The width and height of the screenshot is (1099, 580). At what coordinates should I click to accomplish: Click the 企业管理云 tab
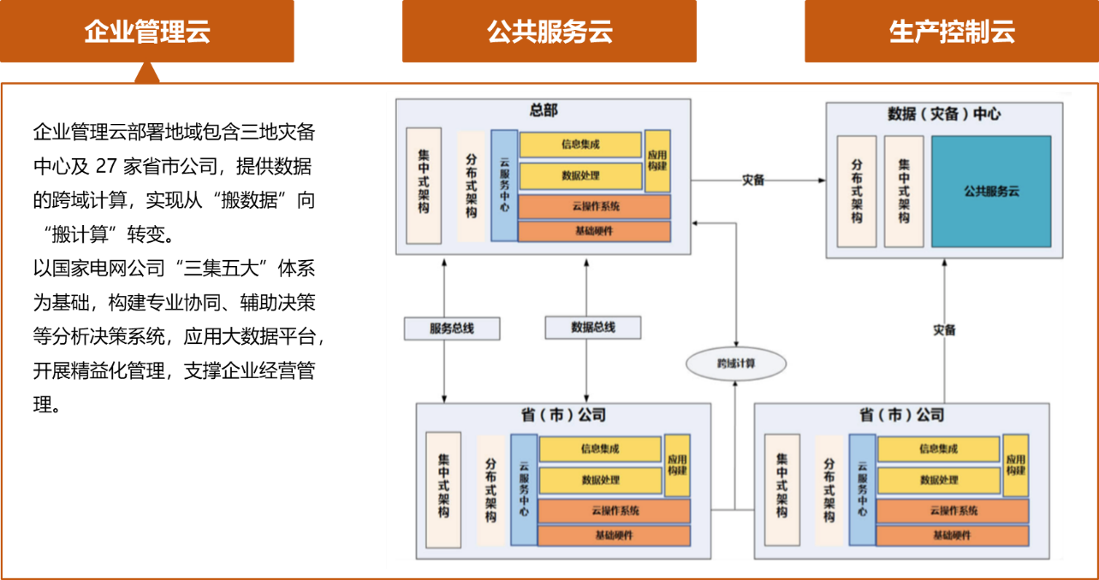pos(147,32)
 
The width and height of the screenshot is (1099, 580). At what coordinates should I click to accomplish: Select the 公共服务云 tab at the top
pos(549,32)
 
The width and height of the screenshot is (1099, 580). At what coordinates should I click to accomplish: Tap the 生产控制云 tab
pos(951,32)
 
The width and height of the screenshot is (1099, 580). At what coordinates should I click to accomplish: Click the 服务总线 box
pos(451,328)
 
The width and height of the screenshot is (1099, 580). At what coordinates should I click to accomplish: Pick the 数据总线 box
pos(592,327)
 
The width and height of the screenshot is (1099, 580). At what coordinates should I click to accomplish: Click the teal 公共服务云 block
pos(991,192)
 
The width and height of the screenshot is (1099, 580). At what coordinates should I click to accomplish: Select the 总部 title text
pos(544,110)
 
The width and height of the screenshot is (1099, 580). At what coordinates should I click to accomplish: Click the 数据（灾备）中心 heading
pos(944,114)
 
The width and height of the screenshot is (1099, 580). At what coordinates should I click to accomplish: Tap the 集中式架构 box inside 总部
pos(424,185)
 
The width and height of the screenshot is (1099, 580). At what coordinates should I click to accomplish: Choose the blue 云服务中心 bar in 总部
pos(504,185)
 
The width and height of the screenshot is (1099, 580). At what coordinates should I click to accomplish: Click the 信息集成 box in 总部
pos(580,145)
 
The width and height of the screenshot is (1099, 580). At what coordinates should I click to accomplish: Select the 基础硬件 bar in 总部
pos(595,231)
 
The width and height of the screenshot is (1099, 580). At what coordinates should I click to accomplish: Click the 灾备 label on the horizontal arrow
pos(753,181)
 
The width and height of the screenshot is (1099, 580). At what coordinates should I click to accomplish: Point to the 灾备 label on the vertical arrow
pos(944,329)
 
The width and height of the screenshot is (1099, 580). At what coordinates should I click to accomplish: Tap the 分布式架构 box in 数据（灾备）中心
pos(857,192)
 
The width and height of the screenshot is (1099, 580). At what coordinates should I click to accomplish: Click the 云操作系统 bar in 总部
pos(595,206)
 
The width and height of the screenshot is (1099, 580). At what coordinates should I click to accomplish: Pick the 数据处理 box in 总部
pos(580,175)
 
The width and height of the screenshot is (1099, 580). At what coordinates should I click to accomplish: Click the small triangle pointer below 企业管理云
pos(147,74)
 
